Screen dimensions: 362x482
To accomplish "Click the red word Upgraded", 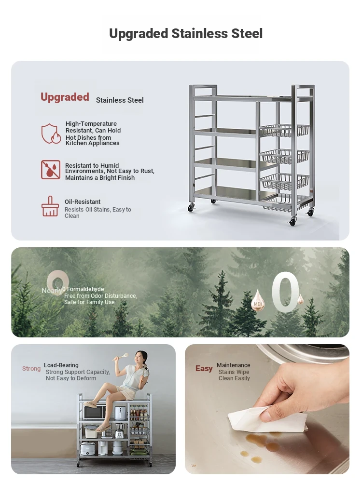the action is tap(65, 97).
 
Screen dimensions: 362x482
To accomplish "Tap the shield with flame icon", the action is tap(51, 134).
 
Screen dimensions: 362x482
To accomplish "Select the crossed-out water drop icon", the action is tap(51, 169).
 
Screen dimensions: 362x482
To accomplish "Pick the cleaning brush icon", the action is tap(50, 206).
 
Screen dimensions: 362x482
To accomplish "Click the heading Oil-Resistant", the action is tap(83, 201).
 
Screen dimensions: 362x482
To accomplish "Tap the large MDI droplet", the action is tap(258, 300).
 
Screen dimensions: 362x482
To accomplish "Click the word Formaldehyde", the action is tap(85, 289).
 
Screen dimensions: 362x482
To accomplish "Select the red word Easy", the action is tap(204, 368).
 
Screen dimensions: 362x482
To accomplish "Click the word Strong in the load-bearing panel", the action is tap(31, 369).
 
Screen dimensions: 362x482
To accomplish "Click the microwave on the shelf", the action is tap(95, 413).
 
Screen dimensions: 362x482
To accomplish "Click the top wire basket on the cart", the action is tap(284, 130).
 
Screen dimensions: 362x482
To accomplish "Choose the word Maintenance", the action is tap(233, 365).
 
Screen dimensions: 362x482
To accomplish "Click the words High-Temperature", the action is tap(91, 123).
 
